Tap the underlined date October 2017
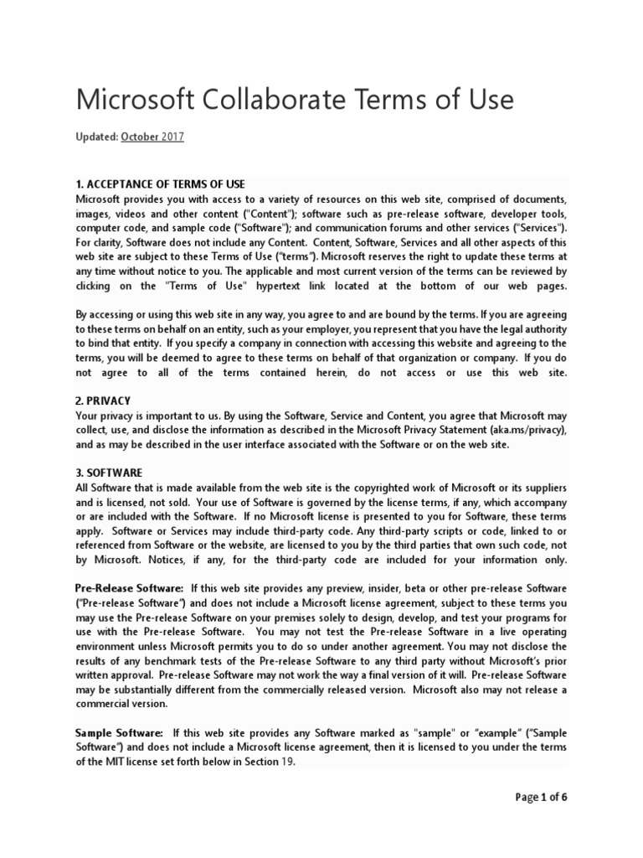pyautogui.click(x=152, y=137)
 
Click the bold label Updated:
pyautogui.click(x=96, y=137)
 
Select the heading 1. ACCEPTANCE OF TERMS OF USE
pyautogui.click(x=160, y=184)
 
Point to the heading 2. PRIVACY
pyautogui.click(x=103, y=401)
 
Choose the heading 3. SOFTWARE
pyautogui.click(x=109, y=473)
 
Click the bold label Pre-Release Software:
pyautogui.click(x=129, y=589)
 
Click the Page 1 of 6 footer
pyautogui.click(x=540, y=797)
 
